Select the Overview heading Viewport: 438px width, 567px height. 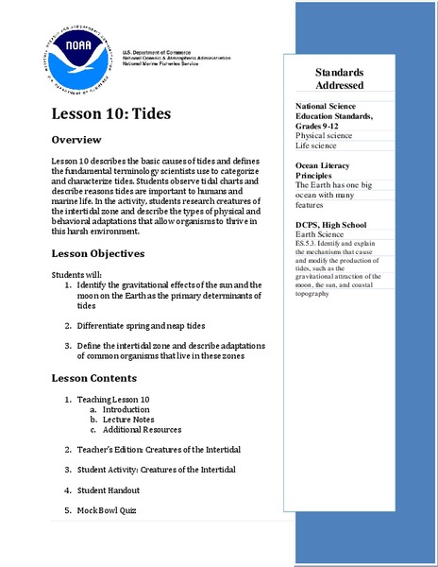tap(82, 141)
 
